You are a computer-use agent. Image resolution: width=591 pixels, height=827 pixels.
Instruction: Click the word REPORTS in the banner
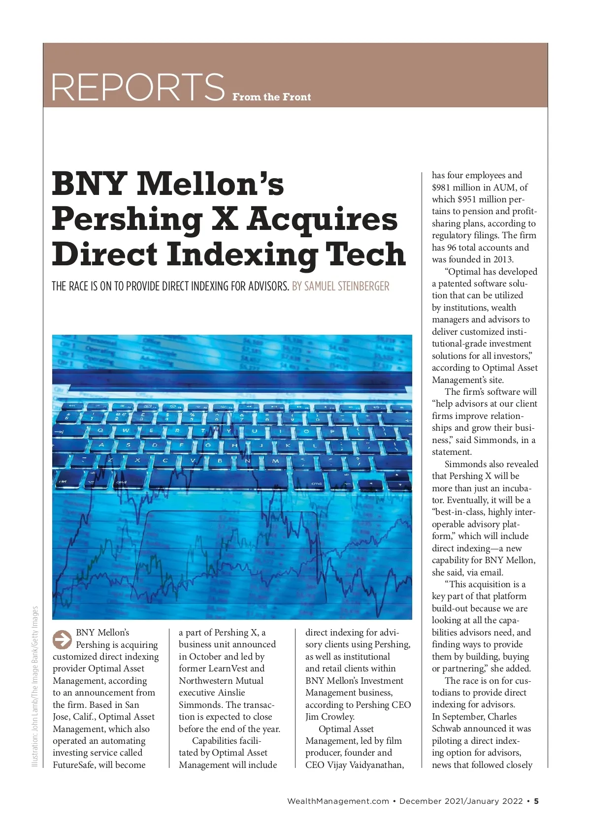(138, 87)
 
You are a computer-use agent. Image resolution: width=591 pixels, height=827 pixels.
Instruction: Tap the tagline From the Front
(271, 97)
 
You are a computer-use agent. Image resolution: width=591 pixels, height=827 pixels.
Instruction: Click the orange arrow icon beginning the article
(62, 639)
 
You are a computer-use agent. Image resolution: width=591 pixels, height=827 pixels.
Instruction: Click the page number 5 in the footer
(536, 801)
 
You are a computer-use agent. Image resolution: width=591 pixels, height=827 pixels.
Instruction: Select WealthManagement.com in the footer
(338, 801)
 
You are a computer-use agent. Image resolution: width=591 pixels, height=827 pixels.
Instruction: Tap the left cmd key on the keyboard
(121, 482)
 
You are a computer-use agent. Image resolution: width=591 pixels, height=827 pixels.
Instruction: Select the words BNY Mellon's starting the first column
(102, 633)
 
